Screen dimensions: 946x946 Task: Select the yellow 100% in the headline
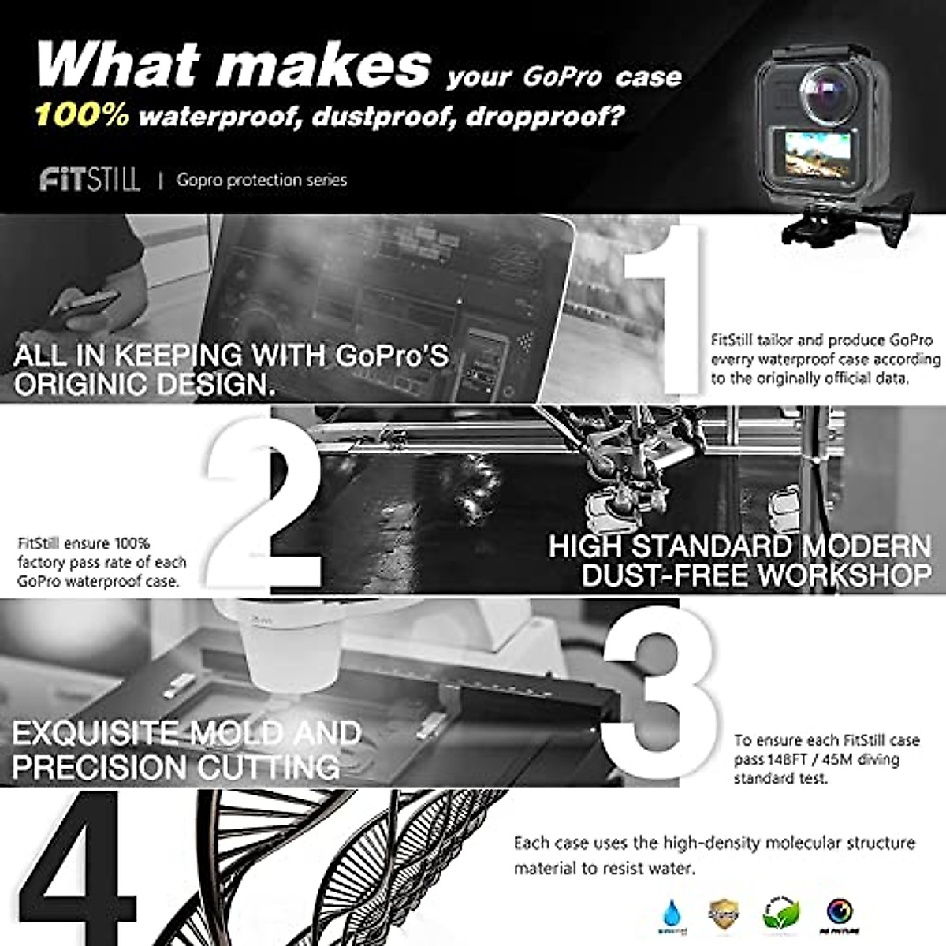[x=81, y=116]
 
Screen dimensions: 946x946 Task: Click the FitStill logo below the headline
[x=89, y=180]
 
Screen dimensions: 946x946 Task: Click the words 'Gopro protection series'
[x=262, y=180]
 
